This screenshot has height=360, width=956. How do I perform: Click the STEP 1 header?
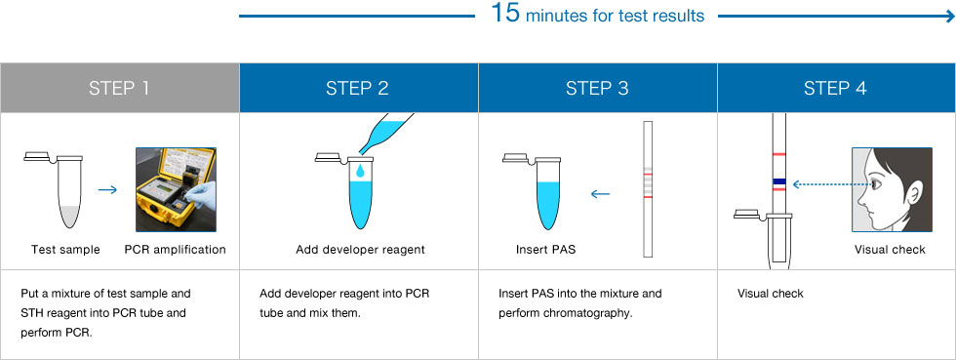click(119, 88)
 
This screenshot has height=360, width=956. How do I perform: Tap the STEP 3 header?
click(597, 88)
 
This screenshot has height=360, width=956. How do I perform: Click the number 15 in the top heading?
click(505, 14)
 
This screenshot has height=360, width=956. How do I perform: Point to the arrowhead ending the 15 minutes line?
click(949, 17)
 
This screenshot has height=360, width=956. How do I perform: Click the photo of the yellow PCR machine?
click(176, 190)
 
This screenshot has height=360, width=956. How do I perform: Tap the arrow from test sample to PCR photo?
click(107, 190)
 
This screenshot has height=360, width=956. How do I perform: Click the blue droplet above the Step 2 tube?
click(360, 170)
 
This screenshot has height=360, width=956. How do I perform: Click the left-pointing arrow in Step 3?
click(601, 194)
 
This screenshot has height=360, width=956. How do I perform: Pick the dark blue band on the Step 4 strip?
click(778, 181)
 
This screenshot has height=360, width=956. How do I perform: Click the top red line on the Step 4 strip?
click(778, 154)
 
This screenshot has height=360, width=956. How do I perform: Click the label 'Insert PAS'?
click(545, 250)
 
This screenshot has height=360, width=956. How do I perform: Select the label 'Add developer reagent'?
click(360, 250)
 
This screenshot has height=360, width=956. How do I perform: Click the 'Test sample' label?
click(65, 250)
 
